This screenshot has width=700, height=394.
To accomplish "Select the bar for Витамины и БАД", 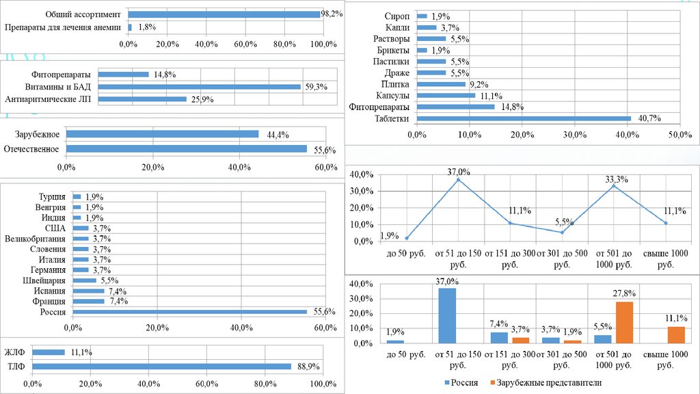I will (200, 87).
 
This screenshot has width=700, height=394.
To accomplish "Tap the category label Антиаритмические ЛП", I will (50, 99).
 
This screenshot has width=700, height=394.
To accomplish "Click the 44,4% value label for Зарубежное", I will (273, 134).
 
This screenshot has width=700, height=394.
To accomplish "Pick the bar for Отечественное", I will (187, 148).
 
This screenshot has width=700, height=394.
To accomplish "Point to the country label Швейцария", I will (44, 280).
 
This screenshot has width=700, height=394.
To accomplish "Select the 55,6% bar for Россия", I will (190, 312).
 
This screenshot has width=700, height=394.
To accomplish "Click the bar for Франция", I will (88, 301).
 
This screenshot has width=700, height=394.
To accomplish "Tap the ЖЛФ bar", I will (49, 352).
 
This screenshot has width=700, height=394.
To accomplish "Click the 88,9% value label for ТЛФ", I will (310, 367).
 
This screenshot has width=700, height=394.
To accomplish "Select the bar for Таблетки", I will (523, 119).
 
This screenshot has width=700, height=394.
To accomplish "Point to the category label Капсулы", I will (392, 96).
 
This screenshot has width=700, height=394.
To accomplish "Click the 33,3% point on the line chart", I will (615, 186).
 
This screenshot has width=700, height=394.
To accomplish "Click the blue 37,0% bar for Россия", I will (446, 315).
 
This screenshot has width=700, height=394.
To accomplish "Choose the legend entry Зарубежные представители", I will (549, 383).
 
